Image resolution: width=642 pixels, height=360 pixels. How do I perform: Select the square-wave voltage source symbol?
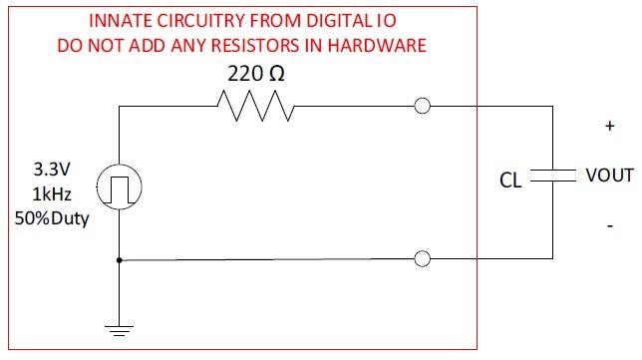[119, 184]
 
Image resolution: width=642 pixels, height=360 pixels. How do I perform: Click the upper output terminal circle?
[423, 107]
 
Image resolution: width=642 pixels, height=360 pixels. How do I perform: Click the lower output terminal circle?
[423, 260]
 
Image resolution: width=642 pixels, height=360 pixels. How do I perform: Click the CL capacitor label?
[511, 180]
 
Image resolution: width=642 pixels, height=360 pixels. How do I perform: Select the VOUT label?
[609, 176]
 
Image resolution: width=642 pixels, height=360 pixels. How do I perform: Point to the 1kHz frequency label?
[51, 194]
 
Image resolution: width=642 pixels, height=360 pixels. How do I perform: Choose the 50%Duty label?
[51, 218]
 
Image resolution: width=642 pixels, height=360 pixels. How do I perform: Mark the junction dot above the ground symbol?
[119, 260]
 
